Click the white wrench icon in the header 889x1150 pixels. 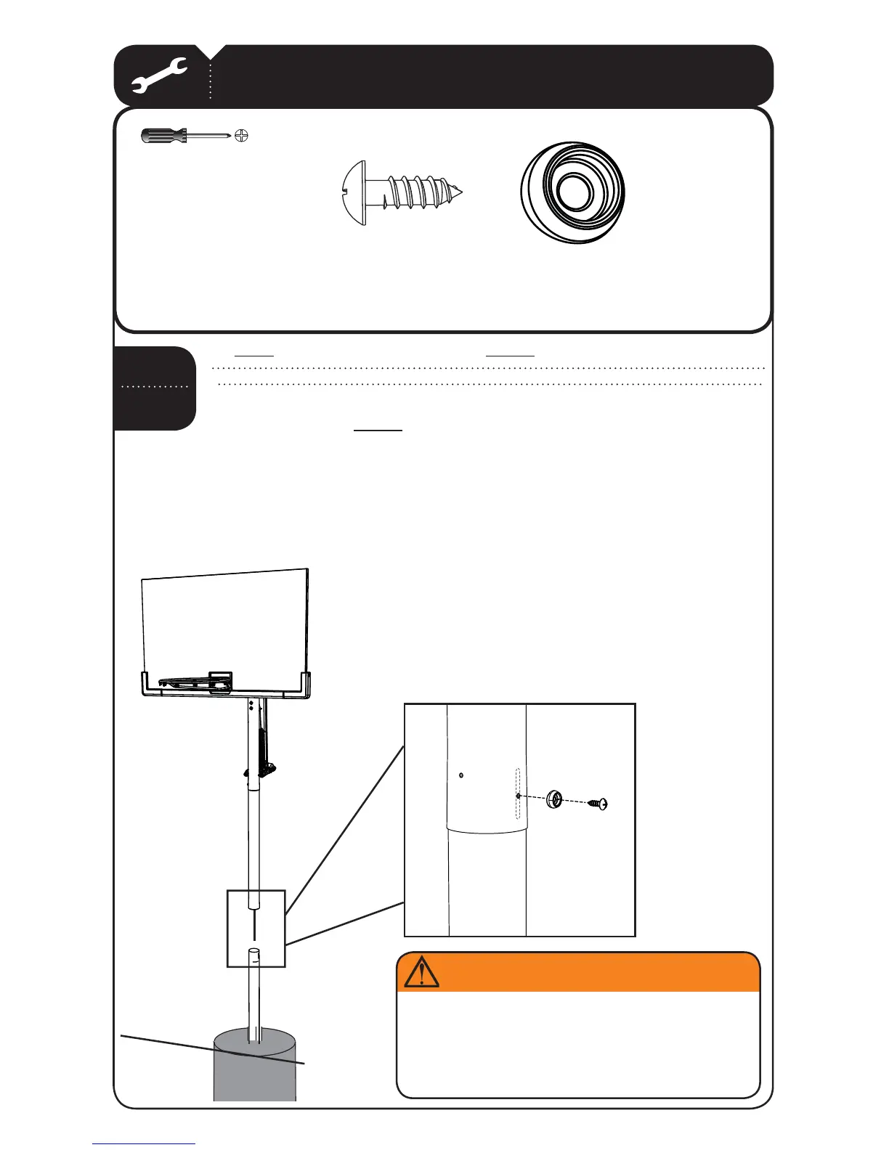(x=160, y=76)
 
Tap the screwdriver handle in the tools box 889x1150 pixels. (x=161, y=136)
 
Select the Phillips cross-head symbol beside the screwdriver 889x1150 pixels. (x=242, y=136)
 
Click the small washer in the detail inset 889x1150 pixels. (x=556, y=799)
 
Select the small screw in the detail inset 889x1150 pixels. (x=598, y=803)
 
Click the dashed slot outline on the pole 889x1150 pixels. (x=517, y=794)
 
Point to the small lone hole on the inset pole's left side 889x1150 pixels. (x=463, y=775)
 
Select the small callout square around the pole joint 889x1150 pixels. (x=256, y=928)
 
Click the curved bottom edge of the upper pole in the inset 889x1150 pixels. (x=485, y=831)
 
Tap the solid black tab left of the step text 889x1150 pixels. (x=154, y=388)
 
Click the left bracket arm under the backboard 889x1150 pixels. (x=145, y=684)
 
